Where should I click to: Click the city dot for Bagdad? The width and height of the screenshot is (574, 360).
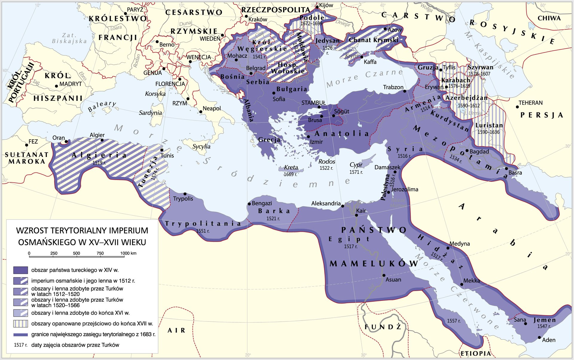pyautogui.click(x=467, y=151)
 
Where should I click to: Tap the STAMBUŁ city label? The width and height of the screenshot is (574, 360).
pyautogui.click(x=313, y=103)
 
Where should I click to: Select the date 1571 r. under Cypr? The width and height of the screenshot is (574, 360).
pyautogui.click(x=356, y=172)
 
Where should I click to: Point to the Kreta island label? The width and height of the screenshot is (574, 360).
pyautogui.click(x=291, y=167)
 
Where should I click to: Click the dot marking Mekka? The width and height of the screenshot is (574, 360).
pyautogui.click(x=462, y=284)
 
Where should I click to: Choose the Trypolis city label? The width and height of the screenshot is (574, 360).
pyautogui.click(x=183, y=199)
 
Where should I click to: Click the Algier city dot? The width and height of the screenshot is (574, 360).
pyautogui.click(x=102, y=140)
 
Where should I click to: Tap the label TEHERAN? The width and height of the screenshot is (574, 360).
pyautogui.click(x=530, y=103)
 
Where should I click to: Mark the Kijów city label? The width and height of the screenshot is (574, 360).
pyautogui.click(x=326, y=5)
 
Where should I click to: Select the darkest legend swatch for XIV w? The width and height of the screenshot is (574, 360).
pyautogui.click(x=21, y=270)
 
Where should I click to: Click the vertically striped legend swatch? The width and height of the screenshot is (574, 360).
pyautogui.click(x=21, y=324)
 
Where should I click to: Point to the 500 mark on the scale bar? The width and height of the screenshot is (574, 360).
pyautogui.click(x=77, y=253)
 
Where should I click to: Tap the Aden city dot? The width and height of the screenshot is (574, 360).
pyautogui.click(x=539, y=337)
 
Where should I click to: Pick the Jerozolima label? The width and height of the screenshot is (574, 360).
pyautogui.click(x=404, y=189)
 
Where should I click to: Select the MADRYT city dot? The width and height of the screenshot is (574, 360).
pyautogui.click(x=56, y=86)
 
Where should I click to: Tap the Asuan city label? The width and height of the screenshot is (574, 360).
pyautogui.click(x=393, y=280)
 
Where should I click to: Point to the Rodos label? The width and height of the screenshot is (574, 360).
pyautogui.click(x=326, y=161)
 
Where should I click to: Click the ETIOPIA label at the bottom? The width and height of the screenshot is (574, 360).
pyautogui.click(x=475, y=353)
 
